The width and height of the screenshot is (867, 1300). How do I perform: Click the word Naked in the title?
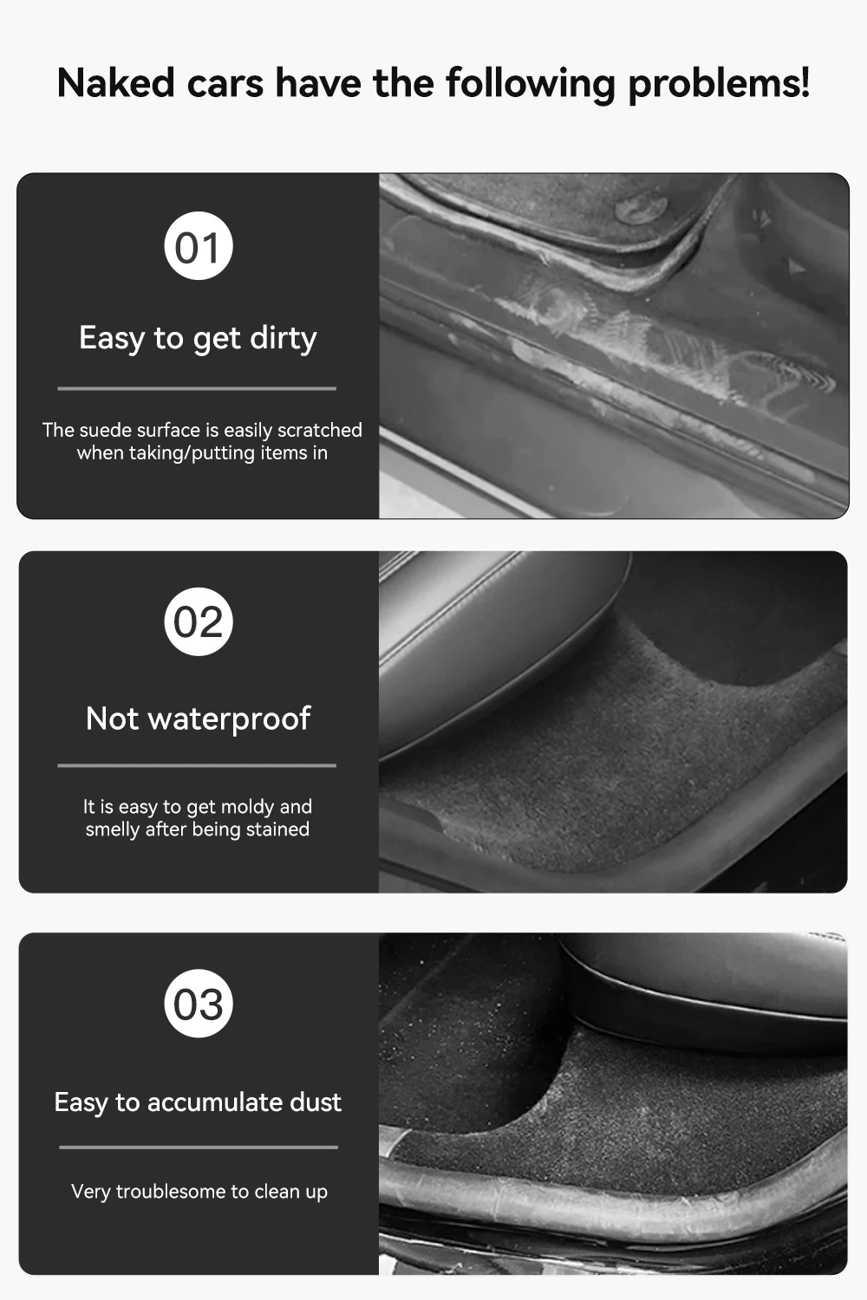point(116,83)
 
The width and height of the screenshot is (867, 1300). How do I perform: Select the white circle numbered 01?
point(198,246)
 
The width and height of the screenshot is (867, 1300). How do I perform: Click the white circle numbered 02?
point(198,621)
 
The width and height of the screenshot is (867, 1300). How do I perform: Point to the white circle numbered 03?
point(198,1004)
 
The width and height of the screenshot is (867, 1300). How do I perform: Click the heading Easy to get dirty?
point(198,338)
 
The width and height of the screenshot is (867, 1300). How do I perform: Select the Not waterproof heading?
point(198,718)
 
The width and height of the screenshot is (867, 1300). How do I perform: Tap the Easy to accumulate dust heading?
point(198,1102)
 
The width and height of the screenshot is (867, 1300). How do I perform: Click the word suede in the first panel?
point(103,430)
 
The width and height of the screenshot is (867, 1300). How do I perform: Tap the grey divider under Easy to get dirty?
point(197,388)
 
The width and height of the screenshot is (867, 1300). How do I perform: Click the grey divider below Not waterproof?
point(197,765)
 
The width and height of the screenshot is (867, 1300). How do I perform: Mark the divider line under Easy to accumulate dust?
point(199,1147)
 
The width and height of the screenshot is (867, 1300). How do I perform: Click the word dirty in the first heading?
point(284,338)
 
